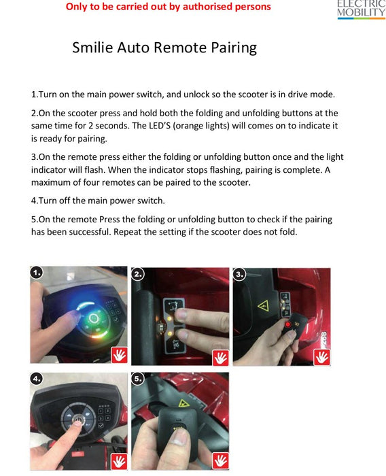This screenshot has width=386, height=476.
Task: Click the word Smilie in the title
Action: click(x=92, y=48)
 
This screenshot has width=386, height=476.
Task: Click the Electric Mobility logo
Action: click(x=361, y=8)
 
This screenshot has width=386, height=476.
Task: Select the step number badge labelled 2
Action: click(x=138, y=274)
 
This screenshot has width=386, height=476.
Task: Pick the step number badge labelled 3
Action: click(x=239, y=274)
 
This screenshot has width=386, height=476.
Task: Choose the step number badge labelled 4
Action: click(x=37, y=377)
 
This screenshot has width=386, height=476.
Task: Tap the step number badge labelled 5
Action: click(x=138, y=378)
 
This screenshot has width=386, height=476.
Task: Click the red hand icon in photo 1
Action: click(x=118, y=354)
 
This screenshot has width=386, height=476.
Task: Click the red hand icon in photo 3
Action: click(x=321, y=356)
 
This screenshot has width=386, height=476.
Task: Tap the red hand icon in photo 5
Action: click(x=220, y=460)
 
